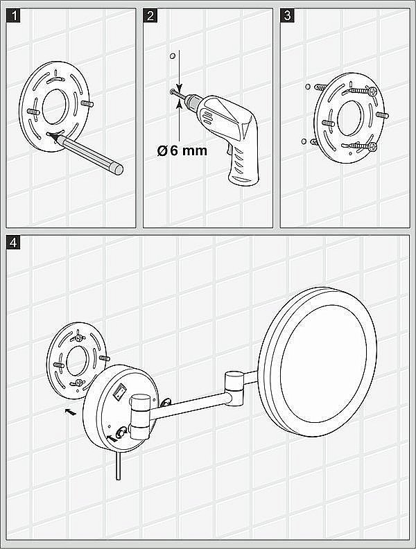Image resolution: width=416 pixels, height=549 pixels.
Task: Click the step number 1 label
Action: [x=13, y=16]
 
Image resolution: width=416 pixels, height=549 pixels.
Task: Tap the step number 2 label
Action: [x=150, y=16]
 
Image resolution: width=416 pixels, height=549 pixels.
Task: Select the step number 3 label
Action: [x=288, y=16]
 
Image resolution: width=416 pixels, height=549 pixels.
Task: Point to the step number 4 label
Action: [x=13, y=243]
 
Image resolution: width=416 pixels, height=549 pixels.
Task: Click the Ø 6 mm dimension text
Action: [x=182, y=151]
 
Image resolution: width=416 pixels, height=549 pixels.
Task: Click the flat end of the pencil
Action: [x=119, y=169]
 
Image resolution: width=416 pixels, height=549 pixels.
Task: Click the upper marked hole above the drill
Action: [x=172, y=56]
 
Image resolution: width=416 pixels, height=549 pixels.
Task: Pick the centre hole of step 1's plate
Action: [x=54, y=107]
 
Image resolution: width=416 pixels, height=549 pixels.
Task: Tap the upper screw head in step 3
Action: [x=372, y=91]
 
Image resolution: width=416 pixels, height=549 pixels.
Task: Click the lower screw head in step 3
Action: [x=372, y=146]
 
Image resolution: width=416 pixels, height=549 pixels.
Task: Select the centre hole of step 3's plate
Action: [x=349, y=119]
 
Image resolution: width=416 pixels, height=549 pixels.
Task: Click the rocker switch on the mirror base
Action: [x=120, y=392]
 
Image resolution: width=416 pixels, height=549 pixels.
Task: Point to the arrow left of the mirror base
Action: [x=71, y=412]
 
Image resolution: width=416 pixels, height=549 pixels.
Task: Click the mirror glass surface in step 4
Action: [x=323, y=363]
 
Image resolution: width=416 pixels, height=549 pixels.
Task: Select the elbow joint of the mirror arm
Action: [x=234, y=388]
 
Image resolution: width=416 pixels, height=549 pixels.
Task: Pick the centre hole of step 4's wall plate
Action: [x=77, y=361]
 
